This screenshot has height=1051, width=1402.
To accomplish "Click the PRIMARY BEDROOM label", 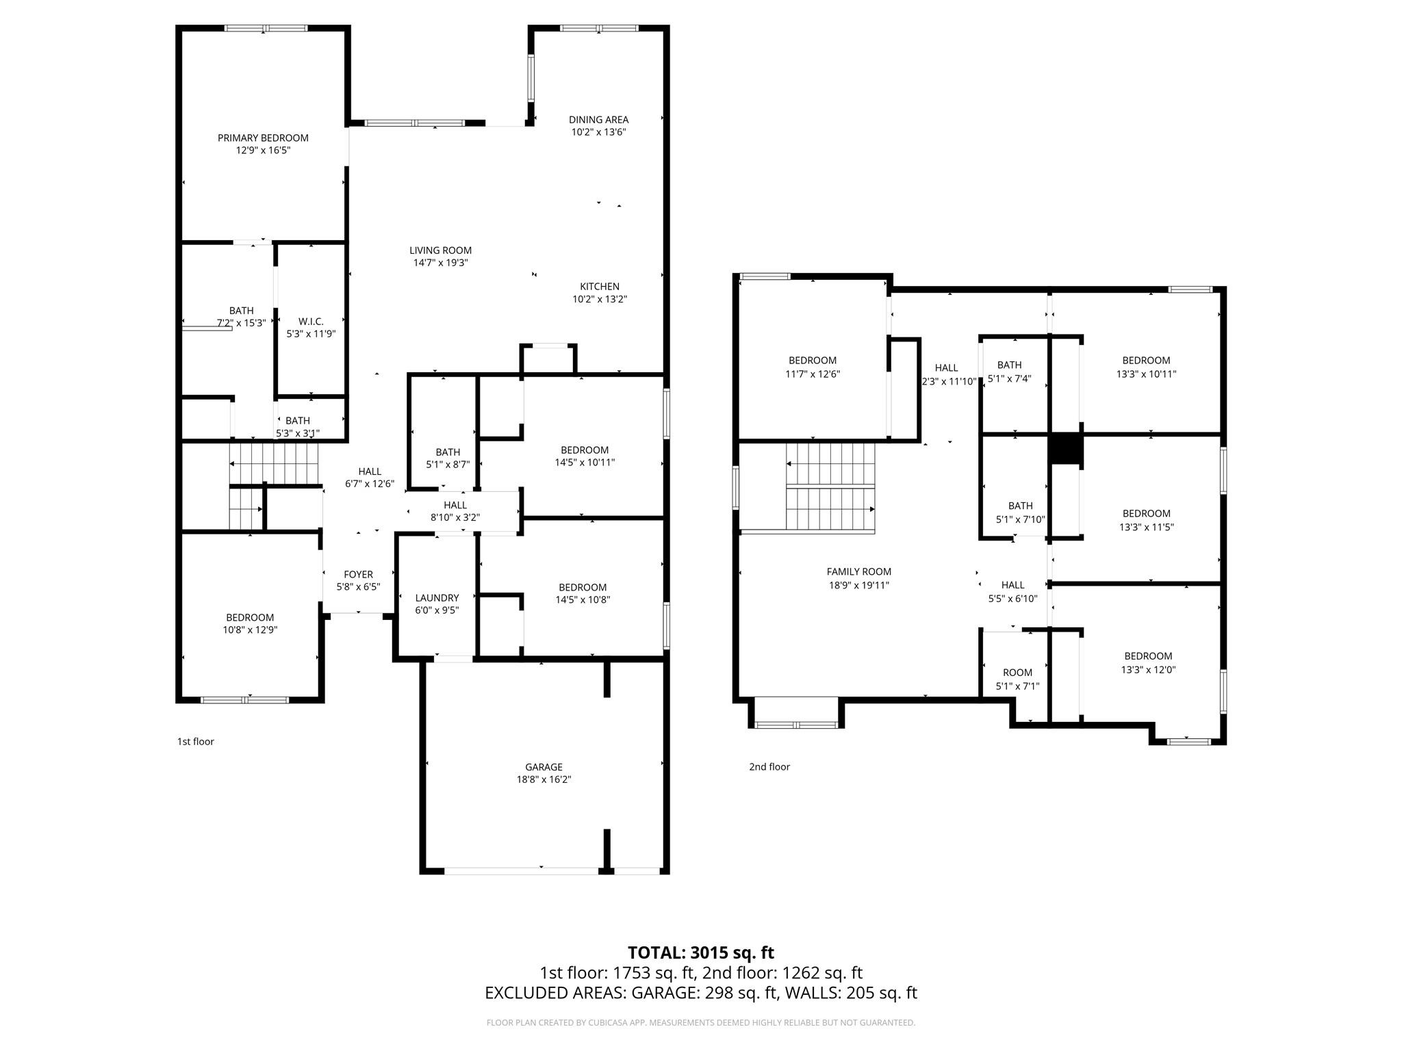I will (x=263, y=138).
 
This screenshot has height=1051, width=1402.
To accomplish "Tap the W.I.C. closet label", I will (x=311, y=322).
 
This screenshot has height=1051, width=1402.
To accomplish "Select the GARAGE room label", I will (x=544, y=767).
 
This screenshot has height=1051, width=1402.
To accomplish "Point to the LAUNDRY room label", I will (x=437, y=598).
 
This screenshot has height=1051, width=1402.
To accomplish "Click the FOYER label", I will (x=358, y=575).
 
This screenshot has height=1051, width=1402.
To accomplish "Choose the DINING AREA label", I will (x=598, y=120).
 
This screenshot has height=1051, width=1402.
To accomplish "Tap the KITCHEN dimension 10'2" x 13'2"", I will (x=600, y=299).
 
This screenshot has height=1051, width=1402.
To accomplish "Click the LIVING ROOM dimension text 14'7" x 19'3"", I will (x=440, y=263).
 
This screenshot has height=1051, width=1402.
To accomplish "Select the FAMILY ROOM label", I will (x=858, y=572).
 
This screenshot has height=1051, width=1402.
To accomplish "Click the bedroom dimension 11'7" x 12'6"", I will (x=813, y=374).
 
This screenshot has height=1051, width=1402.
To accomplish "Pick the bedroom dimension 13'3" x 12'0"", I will (x=1148, y=670).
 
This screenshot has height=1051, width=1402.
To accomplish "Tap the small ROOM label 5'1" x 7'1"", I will (x=1017, y=673).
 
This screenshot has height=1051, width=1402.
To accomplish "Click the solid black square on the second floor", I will (x=1065, y=450).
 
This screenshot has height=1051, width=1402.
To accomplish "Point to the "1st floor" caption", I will (x=196, y=742).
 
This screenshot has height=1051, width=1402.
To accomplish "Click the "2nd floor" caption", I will (x=769, y=767).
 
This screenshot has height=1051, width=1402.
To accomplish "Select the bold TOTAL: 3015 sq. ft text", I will (x=700, y=952).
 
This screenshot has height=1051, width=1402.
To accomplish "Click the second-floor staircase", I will (x=830, y=487).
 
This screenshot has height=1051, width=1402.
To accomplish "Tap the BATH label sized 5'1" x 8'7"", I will (x=448, y=452).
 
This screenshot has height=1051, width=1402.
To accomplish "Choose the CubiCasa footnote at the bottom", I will (x=700, y=1023).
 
